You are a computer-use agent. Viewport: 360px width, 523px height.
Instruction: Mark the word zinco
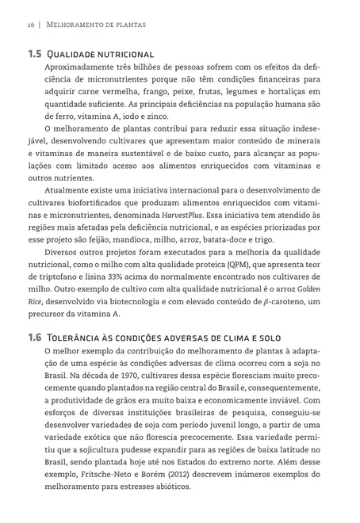pyautogui.click(x=155, y=116)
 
